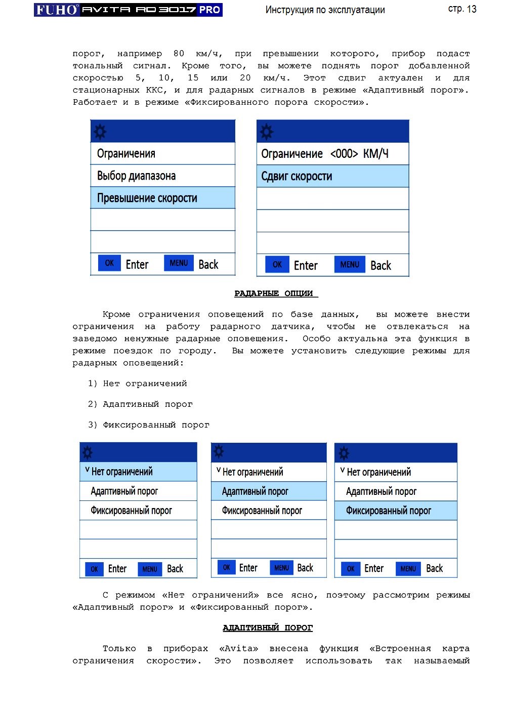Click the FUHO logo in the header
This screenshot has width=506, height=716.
57,10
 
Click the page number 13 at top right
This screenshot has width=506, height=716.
472,9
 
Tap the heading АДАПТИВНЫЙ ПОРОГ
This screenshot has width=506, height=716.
268,628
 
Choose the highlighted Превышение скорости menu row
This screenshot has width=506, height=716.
162,198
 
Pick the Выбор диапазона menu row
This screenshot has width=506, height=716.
162,176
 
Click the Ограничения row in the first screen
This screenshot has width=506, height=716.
162,153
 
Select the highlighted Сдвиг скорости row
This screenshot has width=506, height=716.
332,176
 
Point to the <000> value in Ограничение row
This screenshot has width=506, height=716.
344,154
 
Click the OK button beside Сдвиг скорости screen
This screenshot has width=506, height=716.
277,265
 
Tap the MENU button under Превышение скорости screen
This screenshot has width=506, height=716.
179,263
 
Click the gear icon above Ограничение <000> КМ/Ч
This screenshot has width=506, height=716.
267,132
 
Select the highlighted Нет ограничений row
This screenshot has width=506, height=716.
138,472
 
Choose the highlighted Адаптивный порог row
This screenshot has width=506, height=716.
269,491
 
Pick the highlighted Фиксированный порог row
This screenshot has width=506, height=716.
396,511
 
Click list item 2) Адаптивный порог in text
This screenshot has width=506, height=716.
140,404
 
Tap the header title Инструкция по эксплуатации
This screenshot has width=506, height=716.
325,10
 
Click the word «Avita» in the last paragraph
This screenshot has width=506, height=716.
238,649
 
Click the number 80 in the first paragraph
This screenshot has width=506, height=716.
179,54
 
